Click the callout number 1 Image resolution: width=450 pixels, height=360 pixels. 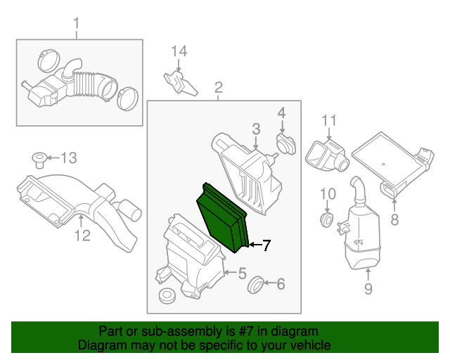click(x=77, y=27)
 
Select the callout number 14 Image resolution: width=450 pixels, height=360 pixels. click(x=179, y=51)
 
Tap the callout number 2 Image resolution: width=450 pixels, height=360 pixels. click(x=218, y=88)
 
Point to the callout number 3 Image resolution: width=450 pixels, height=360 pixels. click(x=281, y=112)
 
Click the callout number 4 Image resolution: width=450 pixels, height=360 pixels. click(x=241, y=274)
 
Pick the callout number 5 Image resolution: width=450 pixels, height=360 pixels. click(x=281, y=284)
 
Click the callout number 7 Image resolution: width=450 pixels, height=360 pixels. click(x=394, y=219)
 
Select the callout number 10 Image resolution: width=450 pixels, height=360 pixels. click(x=330, y=122)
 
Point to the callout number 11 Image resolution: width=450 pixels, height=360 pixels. click(x=82, y=236)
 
